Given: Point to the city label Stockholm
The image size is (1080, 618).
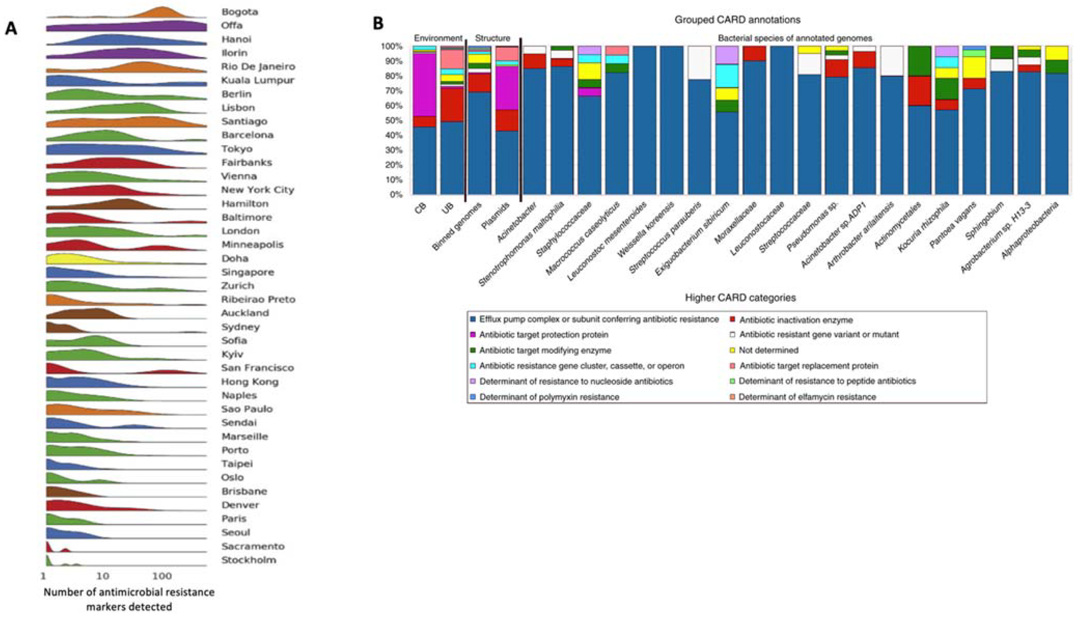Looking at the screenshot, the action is (x=248, y=560).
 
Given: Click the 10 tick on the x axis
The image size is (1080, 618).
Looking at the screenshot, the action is (x=102, y=576).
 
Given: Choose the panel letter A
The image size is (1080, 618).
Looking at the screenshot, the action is (x=11, y=29).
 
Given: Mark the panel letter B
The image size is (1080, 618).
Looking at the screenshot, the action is (x=378, y=23).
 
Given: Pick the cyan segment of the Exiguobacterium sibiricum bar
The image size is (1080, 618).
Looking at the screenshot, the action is (x=727, y=76).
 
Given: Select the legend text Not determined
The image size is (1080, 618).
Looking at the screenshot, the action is (x=769, y=350).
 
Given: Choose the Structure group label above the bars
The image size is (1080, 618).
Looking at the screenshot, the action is (x=493, y=38).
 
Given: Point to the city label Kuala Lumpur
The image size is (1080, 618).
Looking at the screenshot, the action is (x=257, y=80).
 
